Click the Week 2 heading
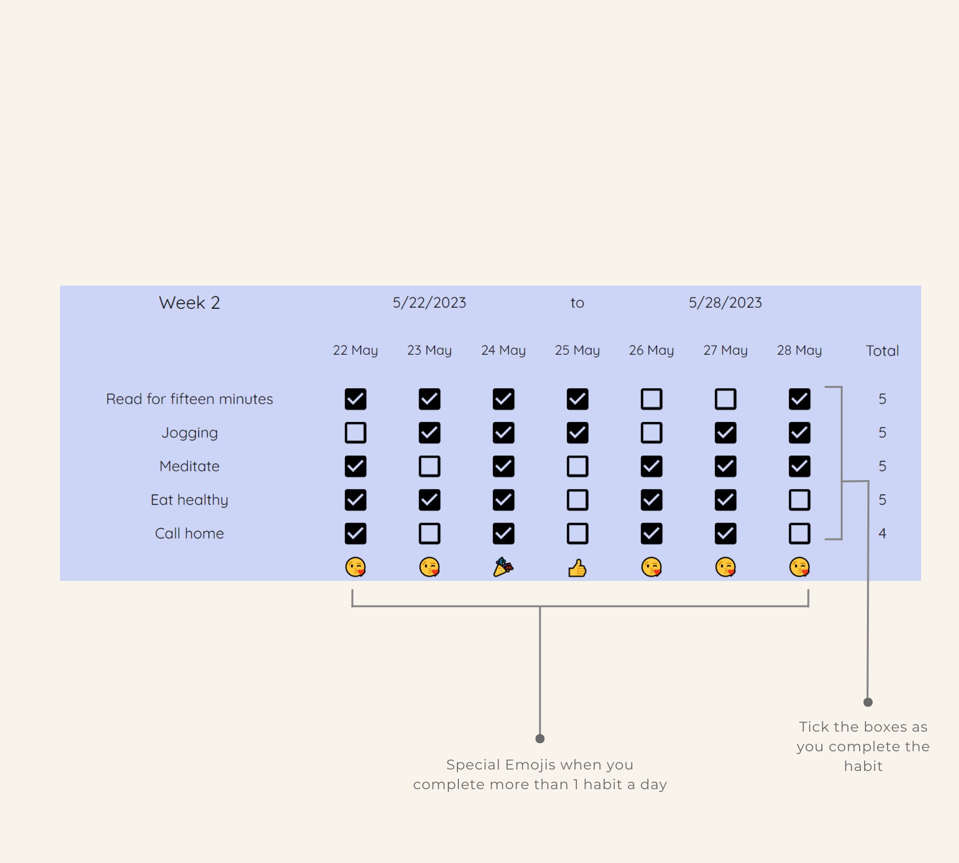pyautogui.click(x=189, y=303)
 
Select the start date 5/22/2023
pyautogui.click(x=429, y=303)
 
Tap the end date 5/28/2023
pyautogui.click(x=725, y=303)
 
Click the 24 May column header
pyautogui.click(x=503, y=350)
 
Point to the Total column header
pyautogui.click(x=882, y=350)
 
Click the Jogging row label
pyautogui.click(x=189, y=433)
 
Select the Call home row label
pyautogui.click(x=189, y=533)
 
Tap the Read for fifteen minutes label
pyautogui.click(x=189, y=399)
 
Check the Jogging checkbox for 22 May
pyautogui.click(x=355, y=432)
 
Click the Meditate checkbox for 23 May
pyautogui.click(x=429, y=466)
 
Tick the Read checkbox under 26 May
pyautogui.click(x=651, y=399)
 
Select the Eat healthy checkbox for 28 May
pyautogui.click(x=799, y=500)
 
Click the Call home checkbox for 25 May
pyautogui.click(x=577, y=533)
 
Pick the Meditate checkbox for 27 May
pyautogui.click(x=725, y=466)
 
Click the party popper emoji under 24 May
pyautogui.click(x=503, y=567)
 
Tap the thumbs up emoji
pyautogui.click(x=577, y=568)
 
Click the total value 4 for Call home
pyautogui.click(x=882, y=533)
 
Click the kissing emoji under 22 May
pyautogui.click(x=355, y=567)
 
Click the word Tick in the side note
pyautogui.click(x=814, y=727)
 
